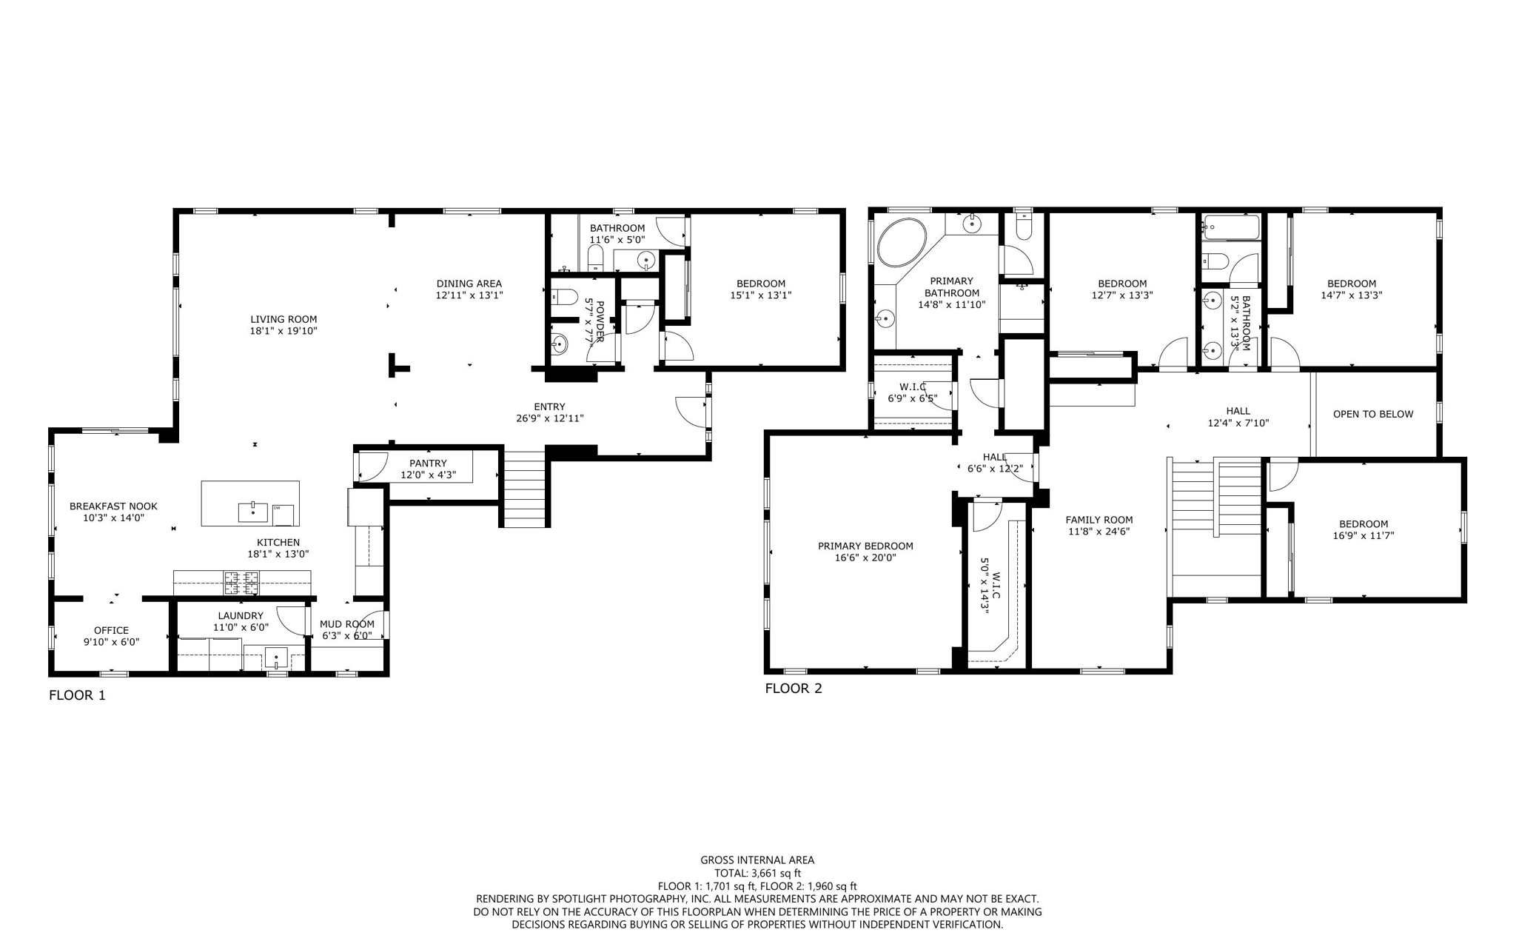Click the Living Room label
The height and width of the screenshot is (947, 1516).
tap(283, 319)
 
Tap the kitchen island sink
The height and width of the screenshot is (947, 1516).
tap(252, 512)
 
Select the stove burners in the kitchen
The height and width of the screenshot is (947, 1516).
tap(241, 583)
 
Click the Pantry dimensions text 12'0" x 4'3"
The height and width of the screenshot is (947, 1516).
tap(428, 475)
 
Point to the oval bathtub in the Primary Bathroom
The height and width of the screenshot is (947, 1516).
tap(901, 242)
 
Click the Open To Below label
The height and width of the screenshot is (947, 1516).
tap(1372, 414)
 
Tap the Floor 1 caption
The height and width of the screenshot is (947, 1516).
tap(77, 695)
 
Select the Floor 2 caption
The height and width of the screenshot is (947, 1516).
tap(793, 689)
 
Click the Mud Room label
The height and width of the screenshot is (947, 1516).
tap(346, 624)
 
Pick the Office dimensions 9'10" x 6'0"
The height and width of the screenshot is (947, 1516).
tap(111, 642)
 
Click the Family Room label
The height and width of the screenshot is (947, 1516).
tap(1099, 520)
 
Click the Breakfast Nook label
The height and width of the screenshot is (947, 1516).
tap(113, 506)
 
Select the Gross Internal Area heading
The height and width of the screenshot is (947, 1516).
tap(757, 860)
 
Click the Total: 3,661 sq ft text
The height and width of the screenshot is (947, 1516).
tap(757, 873)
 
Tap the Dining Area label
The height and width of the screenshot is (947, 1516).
tap(469, 284)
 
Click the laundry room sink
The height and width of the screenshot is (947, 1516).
tap(276, 657)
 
